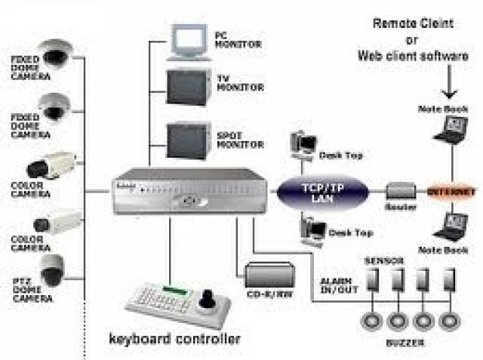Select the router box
[x=400, y=190]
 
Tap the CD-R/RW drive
[x=269, y=272]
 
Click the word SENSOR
[x=384, y=260]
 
